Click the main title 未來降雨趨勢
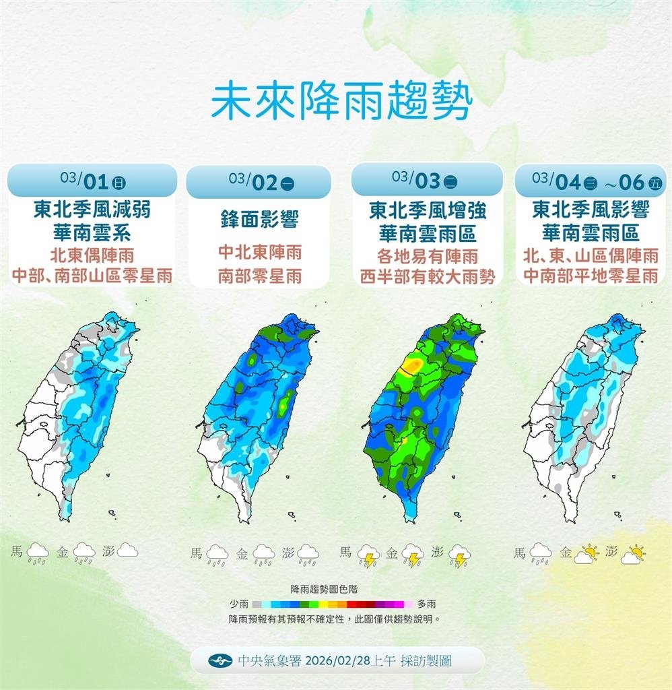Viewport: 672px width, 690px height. point(341,102)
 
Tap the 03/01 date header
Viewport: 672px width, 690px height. point(92,181)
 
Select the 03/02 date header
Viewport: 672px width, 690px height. point(259,181)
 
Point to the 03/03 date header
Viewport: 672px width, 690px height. point(427,180)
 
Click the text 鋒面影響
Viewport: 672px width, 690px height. point(259,219)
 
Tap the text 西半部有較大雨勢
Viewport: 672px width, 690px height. point(427,276)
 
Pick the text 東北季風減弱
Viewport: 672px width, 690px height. point(92,210)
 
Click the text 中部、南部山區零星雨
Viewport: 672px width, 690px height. point(92,276)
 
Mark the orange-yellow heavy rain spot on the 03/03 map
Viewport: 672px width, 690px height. point(410,366)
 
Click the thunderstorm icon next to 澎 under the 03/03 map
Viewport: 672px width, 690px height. point(460,556)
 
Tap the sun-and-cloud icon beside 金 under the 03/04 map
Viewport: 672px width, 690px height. point(585,555)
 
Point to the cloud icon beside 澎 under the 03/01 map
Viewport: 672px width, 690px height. point(127,551)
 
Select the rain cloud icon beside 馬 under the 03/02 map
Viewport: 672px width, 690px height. point(217,555)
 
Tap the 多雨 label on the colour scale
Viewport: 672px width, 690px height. point(426,604)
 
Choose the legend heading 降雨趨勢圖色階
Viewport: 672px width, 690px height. point(332,588)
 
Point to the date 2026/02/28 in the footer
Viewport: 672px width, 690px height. point(331,661)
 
